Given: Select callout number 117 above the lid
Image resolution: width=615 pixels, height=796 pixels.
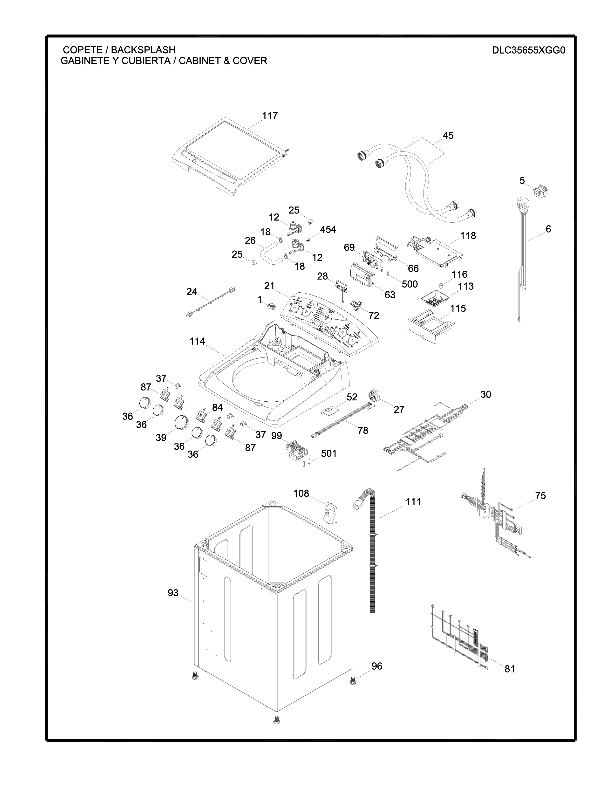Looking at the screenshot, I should (x=270, y=116).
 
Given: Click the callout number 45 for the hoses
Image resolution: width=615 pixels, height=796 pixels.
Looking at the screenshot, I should (x=448, y=136).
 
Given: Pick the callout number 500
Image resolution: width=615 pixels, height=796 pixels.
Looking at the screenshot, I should (x=410, y=284).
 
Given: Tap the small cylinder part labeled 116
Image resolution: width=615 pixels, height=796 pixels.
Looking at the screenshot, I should (x=442, y=285).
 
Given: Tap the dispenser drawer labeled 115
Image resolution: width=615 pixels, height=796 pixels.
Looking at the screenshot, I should (x=430, y=325).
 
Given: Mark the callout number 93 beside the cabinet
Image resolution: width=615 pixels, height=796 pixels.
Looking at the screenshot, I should (x=173, y=593).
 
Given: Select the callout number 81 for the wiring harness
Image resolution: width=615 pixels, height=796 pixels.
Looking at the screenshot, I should (x=509, y=669).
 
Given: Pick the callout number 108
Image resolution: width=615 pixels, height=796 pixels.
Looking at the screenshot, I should (x=301, y=494).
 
